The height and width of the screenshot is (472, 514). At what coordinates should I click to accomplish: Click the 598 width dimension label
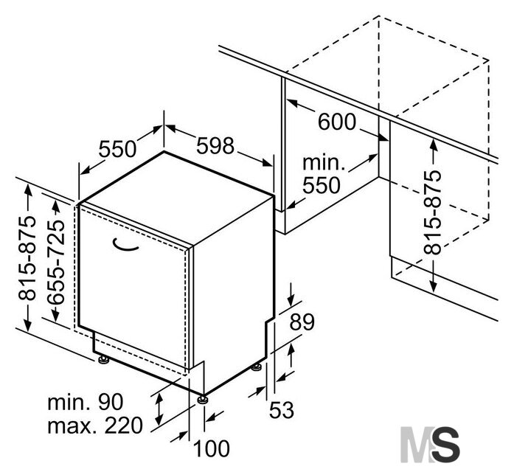tap(215, 146)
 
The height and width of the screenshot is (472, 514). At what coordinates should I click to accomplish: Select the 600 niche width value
tap(337, 122)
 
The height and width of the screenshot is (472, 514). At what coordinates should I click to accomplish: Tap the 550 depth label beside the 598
tap(117, 149)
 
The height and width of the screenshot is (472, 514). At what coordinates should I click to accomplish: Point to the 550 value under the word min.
tap(322, 186)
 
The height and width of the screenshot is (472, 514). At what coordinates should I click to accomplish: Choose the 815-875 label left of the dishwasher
tap(27, 257)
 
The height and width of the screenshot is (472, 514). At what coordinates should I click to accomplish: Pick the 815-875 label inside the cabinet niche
tap(433, 212)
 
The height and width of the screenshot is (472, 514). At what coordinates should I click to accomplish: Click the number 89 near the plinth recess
tap(302, 322)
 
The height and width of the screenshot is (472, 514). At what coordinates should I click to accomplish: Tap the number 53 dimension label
tap(282, 410)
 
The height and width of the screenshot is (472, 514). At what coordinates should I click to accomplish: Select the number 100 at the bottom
tap(212, 448)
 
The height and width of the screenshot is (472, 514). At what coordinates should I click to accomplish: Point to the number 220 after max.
tap(124, 426)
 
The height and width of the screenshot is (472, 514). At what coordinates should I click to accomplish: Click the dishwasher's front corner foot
tap(202, 399)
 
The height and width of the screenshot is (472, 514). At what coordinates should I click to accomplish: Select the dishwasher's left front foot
tap(104, 359)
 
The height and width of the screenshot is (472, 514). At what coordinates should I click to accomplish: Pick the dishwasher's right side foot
tap(257, 367)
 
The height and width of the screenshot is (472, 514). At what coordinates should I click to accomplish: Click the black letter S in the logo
tap(444, 444)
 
